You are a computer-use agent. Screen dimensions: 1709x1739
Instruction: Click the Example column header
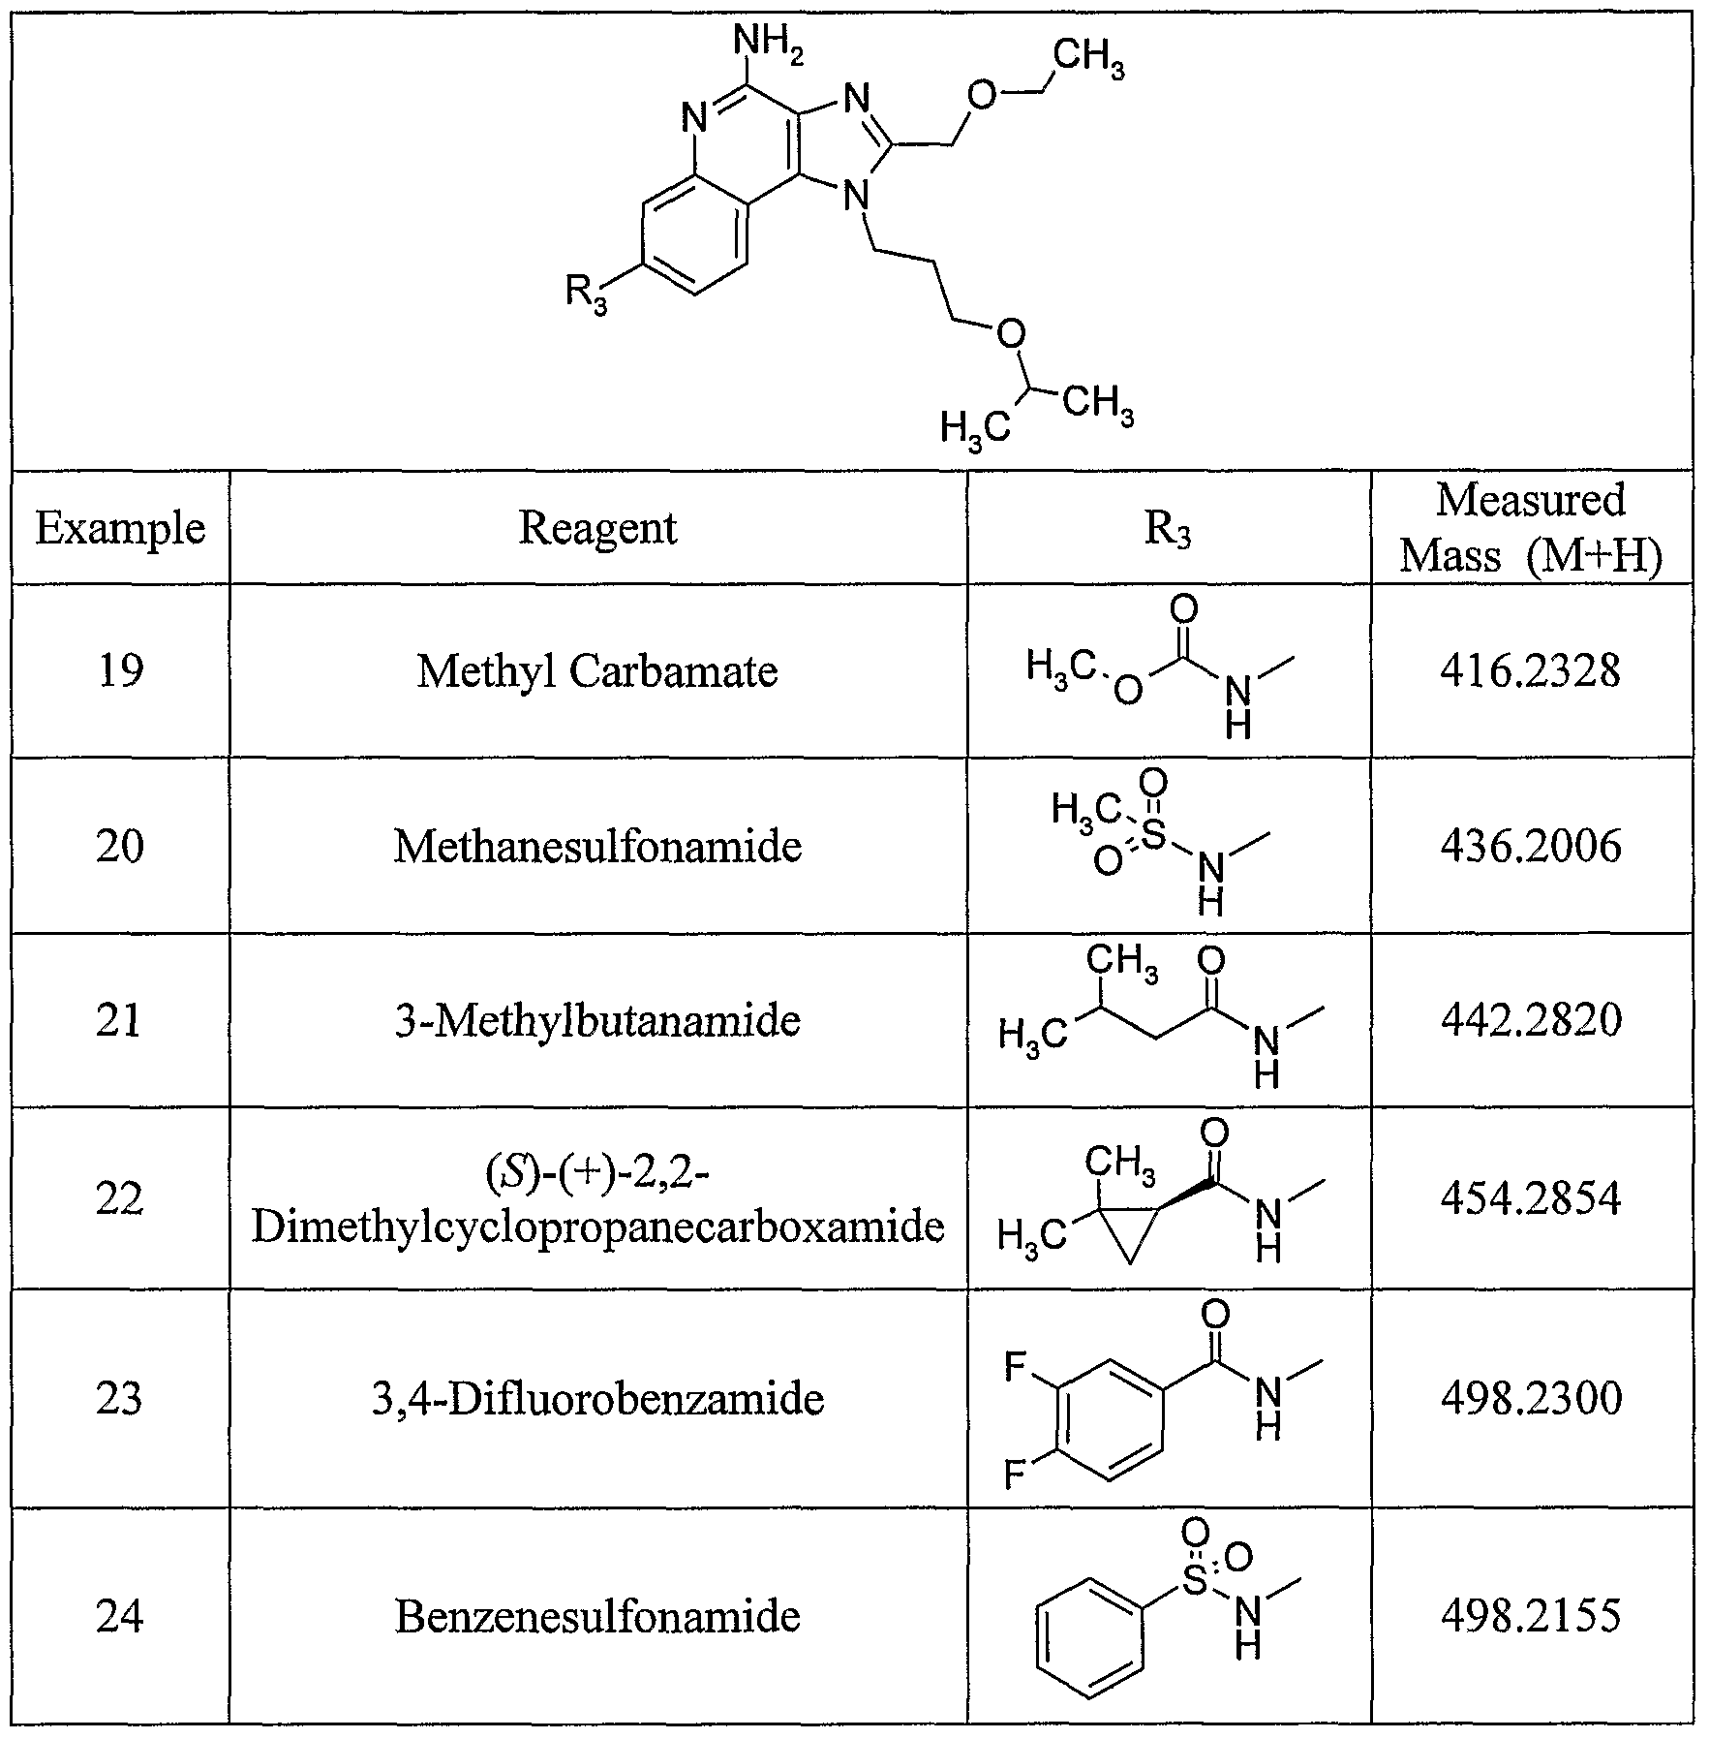pyautogui.click(x=120, y=529)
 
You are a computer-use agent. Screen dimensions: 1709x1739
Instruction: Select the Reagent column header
pyautogui.click(x=597, y=529)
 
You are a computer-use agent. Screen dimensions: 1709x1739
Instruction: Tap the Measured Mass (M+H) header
pyautogui.click(x=1531, y=528)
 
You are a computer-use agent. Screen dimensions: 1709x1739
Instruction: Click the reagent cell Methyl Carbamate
pyautogui.click(x=597, y=670)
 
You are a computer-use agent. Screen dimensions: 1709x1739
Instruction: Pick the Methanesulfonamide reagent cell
pyautogui.click(x=597, y=846)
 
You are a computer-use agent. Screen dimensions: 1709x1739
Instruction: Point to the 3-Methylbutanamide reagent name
pyautogui.click(x=597, y=1020)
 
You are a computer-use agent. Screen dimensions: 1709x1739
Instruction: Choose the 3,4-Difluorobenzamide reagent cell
pyautogui.click(x=597, y=1398)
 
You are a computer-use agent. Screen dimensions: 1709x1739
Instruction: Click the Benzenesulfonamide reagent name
pyautogui.click(x=597, y=1616)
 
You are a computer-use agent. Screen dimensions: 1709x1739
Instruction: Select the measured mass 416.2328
pyautogui.click(x=1530, y=670)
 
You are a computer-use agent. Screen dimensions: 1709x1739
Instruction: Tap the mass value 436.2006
pyautogui.click(x=1530, y=846)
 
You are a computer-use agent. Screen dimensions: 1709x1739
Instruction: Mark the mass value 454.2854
pyautogui.click(x=1530, y=1198)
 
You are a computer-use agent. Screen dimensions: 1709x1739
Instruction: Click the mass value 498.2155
pyautogui.click(x=1530, y=1616)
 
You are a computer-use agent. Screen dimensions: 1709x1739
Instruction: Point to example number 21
pyautogui.click(x=120, y=1020)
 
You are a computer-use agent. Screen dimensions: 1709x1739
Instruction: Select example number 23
pyautogui.click(x=120, y=1398)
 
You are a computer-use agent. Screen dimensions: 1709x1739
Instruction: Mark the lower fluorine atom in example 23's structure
pyautogui.click(x=1014, y=1476)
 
